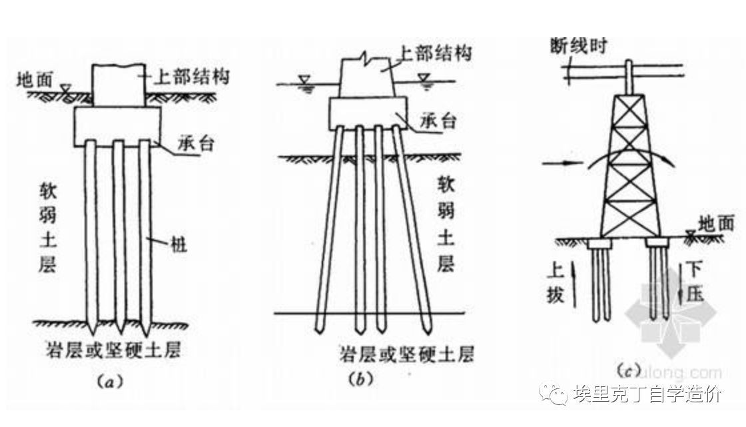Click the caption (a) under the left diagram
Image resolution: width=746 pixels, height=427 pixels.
click(x=107, y=381)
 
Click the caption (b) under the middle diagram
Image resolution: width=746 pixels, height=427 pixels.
click(x=360, y=379)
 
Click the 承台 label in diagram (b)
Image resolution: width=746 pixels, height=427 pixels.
click(x=438, y=122)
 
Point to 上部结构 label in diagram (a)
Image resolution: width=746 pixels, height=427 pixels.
click(x=191, y=76)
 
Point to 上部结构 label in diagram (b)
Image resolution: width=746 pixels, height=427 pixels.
click(x=434, y=53)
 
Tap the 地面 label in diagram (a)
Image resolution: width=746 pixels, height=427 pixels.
click(x=34, y=80)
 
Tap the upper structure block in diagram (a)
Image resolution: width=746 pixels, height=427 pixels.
click(x=119, y=85)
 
